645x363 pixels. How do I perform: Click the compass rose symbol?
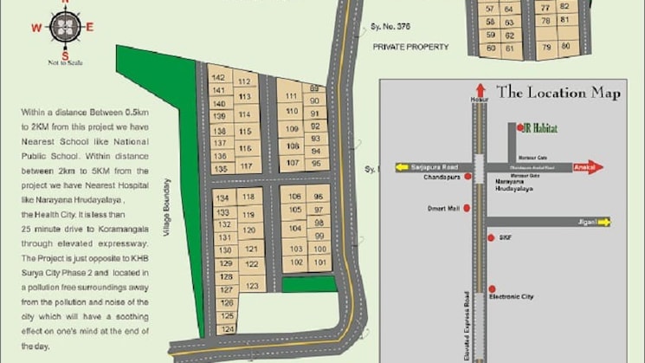click(x=64, y=28)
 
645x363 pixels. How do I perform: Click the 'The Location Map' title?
click(x=558, y=93)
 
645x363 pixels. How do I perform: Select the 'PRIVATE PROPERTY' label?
click(x=411, y=47)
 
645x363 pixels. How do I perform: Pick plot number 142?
click(x=219, y=78)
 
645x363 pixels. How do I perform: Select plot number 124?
click(x=228, y=329)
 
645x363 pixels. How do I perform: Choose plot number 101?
click(x=319, y=262)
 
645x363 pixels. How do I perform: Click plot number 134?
click(x=223, y=198)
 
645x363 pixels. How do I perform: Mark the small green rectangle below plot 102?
click(x=308, y=284)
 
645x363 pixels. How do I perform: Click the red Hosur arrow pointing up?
click(x=480, y=89)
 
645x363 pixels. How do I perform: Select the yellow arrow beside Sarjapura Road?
click(x=402, y=167)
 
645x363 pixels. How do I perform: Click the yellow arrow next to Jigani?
click(x=603, y=222)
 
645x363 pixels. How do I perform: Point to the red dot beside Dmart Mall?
click(x=468, y=208)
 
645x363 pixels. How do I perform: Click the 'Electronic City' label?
click(x=512, y=296)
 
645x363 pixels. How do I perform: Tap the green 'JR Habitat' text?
click(x=540, y=128)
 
